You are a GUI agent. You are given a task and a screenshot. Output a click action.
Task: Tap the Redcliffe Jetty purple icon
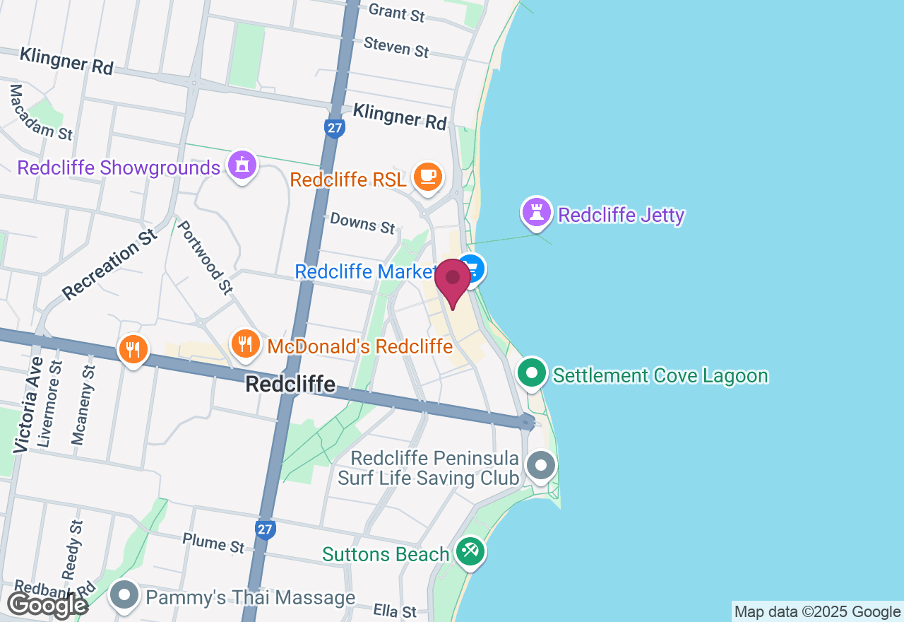point(537,212)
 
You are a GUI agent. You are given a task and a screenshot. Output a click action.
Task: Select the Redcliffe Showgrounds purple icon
point(242,166)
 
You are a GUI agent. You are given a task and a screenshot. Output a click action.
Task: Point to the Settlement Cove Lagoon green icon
point(533,373)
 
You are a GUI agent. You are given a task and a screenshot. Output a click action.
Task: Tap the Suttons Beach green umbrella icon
point(469,552)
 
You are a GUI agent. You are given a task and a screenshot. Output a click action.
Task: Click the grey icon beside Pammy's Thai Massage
point(125,595)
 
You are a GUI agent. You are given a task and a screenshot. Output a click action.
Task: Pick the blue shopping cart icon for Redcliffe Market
point(472,269)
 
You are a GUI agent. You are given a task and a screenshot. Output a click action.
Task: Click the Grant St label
point(397,12)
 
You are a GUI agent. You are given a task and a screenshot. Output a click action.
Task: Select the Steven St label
point(396,47)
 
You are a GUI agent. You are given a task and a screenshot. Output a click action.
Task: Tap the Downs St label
point(362,223)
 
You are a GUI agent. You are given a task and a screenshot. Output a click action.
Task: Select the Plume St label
point(213,543)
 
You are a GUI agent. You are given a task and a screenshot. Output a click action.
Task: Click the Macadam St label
point(40,112)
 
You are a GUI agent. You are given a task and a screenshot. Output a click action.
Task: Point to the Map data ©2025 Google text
point(817,612)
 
